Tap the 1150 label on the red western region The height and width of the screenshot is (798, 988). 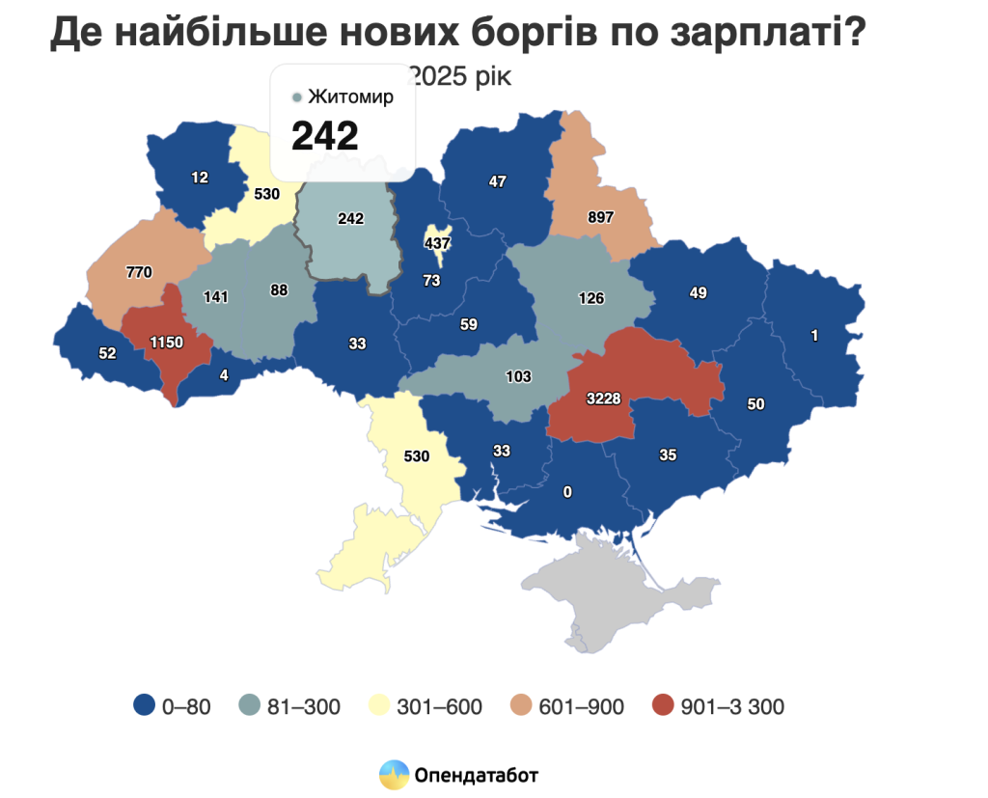click(166, 342)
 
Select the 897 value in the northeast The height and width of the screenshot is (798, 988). click(600, 217)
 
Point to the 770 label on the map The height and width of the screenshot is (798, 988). click(139, 272)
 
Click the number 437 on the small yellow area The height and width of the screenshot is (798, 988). click(438, 243)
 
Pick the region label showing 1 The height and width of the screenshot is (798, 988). click(814, 336)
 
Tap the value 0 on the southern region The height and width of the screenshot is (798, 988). click(567, 492)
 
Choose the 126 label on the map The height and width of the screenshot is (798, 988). click(590, 298)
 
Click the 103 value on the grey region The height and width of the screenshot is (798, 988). click(518, 376)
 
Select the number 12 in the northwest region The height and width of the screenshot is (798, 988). click(200, 178)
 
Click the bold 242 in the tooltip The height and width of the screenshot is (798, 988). click(325, 136)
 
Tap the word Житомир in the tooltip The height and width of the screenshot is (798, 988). click(350, 97)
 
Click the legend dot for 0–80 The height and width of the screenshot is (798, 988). click(145, 706)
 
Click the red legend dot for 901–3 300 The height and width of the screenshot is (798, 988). click(663, 706)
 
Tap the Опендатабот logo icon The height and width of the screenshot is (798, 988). click(394, 774)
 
